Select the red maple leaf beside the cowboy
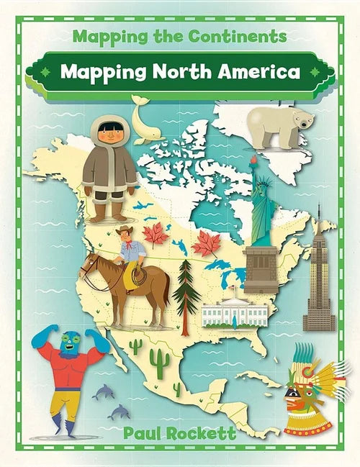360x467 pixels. pos(156,235)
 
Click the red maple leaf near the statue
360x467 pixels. pos(205,245)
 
